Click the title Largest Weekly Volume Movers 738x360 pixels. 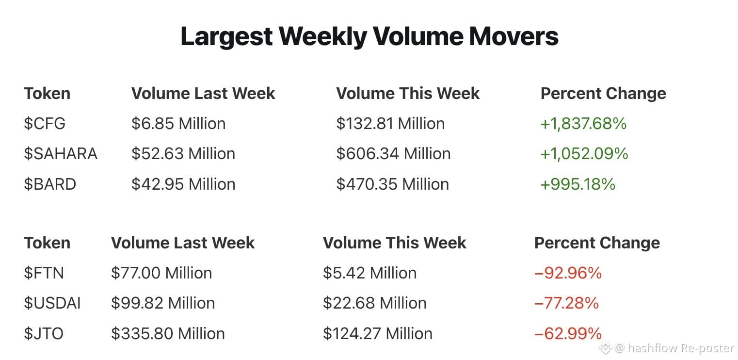pos(369,37)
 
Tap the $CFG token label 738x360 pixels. pos(45,124)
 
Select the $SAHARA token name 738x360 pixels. pos(61,154)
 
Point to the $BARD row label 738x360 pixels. pos(50,184)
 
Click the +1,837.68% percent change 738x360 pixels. pos(583,124)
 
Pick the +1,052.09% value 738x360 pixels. pos(584,154)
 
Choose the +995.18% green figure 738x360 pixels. pos(578,184)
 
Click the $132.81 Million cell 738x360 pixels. pos(390,124)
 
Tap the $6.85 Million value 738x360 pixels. pos(178,124)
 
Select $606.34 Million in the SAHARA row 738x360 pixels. pos(393,154)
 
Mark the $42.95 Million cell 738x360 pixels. pos(183,184)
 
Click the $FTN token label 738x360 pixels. pos(44,273)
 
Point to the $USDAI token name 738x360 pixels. pos(52,303)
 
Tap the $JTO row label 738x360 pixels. pos(44,333)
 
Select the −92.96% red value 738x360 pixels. pos(568,273)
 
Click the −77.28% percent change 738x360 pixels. pos(566,303)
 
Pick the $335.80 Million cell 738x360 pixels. pos(168,333)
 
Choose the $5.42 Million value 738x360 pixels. pos(369,273)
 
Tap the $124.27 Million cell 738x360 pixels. pos(378,333)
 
